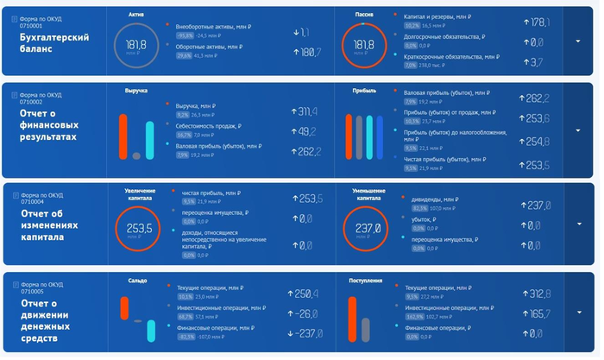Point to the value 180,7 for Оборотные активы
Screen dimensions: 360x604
coord(306,54)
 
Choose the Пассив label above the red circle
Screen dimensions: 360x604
coord(364,15)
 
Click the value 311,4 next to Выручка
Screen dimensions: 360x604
coord(305,111)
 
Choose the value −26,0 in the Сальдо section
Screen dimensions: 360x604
coord(305,314)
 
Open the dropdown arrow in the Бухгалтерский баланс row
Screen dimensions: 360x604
coord(576,41)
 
